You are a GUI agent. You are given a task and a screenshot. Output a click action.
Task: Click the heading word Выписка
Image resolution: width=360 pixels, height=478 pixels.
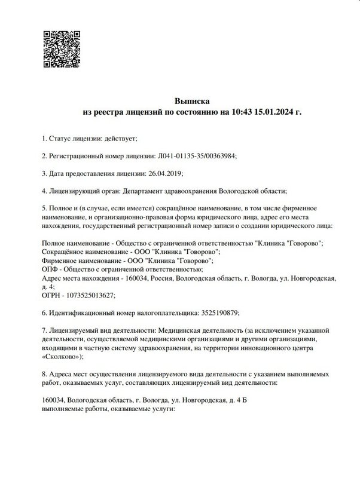pyautogui.click(x=192, y=101)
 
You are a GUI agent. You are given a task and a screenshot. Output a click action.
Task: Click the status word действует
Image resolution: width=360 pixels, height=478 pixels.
pyautogui.click(x=121, y=139)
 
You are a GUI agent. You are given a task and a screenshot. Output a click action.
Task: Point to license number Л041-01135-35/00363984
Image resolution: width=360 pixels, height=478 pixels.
pyautogui.click(x=197, y=156)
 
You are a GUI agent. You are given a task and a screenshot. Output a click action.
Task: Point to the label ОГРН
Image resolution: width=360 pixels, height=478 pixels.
pyautogui.click(x=51, y=295)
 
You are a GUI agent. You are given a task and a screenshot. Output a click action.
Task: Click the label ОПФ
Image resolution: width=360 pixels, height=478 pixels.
pyautogui.click(x=51, y=269)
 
